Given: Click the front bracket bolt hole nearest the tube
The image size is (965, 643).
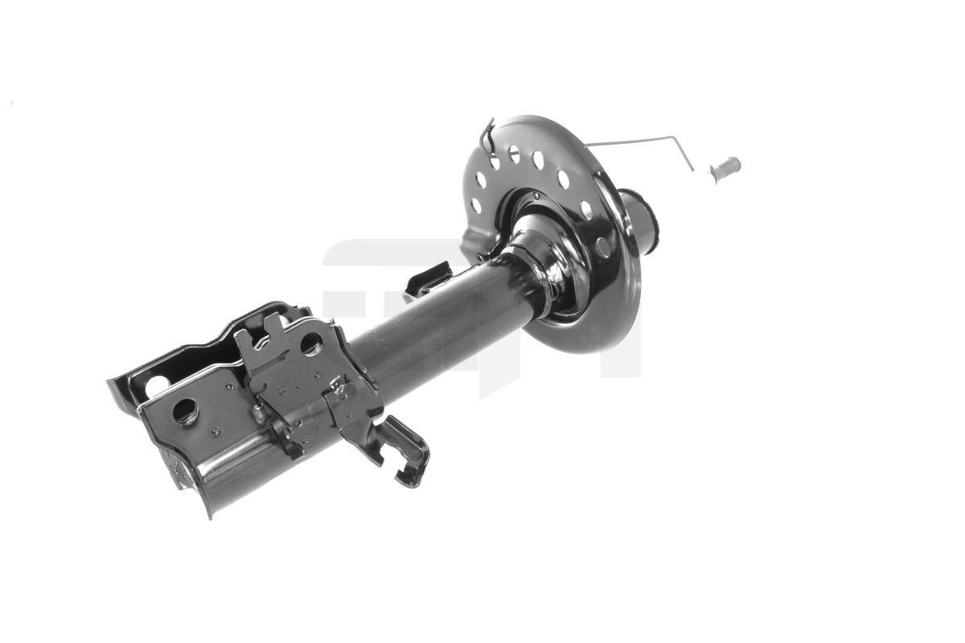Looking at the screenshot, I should [311, 344].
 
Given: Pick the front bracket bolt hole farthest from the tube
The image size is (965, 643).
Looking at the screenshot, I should [185, 411].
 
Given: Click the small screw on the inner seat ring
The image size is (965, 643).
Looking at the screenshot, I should [536, 195].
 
